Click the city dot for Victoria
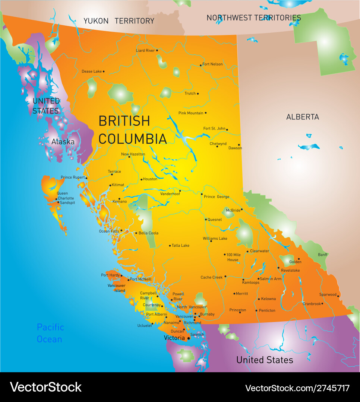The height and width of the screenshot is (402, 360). [189, 338]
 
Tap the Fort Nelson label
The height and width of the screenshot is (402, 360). [213, 64]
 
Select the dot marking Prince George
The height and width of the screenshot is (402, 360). [202, 194]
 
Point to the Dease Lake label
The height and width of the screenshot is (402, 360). [92, 71]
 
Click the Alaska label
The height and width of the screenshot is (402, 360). [63, 141]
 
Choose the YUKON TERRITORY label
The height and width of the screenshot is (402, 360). [119, 21]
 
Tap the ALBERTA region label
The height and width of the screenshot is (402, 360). [302, 117]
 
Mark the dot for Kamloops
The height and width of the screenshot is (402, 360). [243, 280]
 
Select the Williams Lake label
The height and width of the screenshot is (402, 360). [215, 238]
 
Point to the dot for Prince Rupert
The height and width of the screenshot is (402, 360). [86, 178]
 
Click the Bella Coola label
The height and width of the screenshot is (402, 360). [148, 233]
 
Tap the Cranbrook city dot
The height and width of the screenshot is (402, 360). [322, 303]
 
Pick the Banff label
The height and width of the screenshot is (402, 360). [323, 255]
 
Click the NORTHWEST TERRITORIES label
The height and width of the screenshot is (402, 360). [253, 17]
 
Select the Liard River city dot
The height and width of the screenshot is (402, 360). [157, 50]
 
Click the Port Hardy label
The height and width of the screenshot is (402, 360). [110, 275]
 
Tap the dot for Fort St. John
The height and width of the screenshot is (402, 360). [227, 130]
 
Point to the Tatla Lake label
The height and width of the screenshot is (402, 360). [180, 246]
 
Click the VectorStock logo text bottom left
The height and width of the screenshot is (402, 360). [45, 387]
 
